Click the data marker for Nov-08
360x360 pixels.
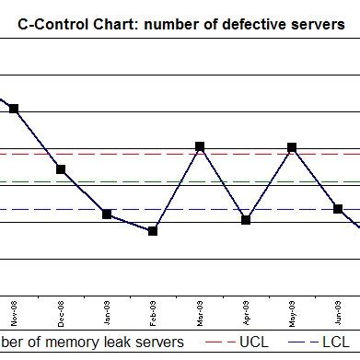click(x=14, y=109)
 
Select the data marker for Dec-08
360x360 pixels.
click(x=61, y=169)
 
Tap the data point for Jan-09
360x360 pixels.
click(x=107, y=215)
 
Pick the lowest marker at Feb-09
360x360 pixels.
click(x=153, y=230)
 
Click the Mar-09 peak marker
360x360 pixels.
click(x=200, y=146)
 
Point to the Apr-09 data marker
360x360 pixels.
click(x=246, y=219)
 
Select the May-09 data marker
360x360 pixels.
click(x=292, y=147)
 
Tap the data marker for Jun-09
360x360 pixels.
click(x=338, y=209)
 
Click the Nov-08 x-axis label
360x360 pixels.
click(x=15, y=313)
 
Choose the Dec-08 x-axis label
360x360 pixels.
click(x=61, y=313)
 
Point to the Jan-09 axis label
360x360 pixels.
click(x=108, y=313)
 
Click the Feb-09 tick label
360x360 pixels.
click(x=154, y=313)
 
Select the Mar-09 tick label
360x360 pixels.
click(x=200, y=313)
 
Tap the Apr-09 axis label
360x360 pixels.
click(x=246, y=313)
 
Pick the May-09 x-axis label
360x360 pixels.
click(x=292, y=313)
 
